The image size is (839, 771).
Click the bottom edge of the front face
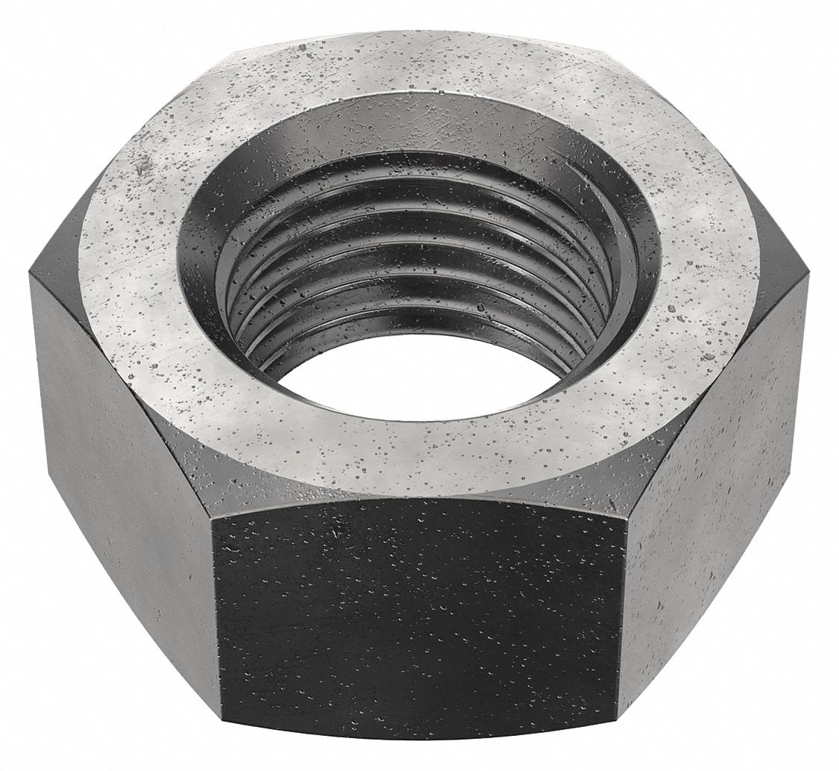pos(418,735)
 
